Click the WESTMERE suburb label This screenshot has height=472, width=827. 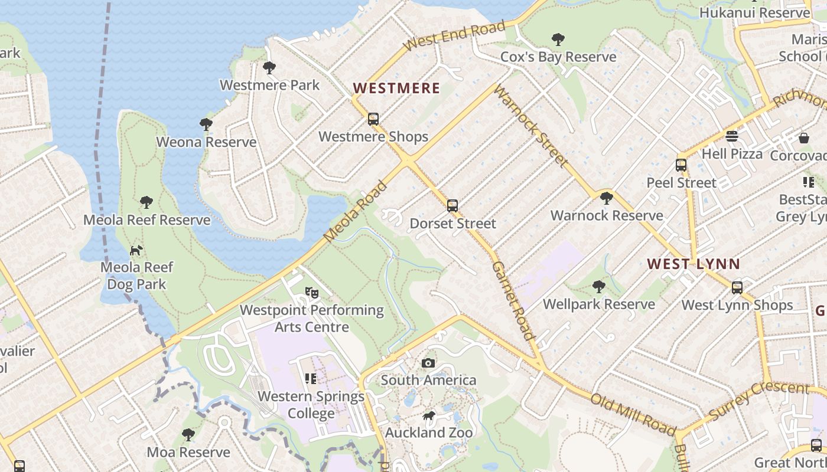(396, 88)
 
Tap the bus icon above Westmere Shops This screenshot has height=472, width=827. (373, 119)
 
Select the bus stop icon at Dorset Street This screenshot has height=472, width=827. (452, 206)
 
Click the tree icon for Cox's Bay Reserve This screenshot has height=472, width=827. (558, 40)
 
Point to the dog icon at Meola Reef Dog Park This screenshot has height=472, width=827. (136, 250)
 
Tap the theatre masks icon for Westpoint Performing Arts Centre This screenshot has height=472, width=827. (311, 292)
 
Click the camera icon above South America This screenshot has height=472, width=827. (428, 363)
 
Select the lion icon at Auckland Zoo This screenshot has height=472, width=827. (429, 416)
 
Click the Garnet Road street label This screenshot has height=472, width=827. (513, 301)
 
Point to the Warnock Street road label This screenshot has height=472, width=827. (530, 125)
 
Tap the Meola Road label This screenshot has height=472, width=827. (356, 211)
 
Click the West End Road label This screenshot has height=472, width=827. (455, 35)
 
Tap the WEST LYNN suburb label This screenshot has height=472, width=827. (693, 264)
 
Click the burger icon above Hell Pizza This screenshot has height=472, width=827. (732, 136)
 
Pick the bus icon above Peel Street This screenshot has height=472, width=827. (681, 165)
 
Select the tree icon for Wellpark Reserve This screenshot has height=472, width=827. (598, 287)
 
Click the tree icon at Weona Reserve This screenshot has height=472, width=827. (206, 124)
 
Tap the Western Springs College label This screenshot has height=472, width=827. (311, 405)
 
